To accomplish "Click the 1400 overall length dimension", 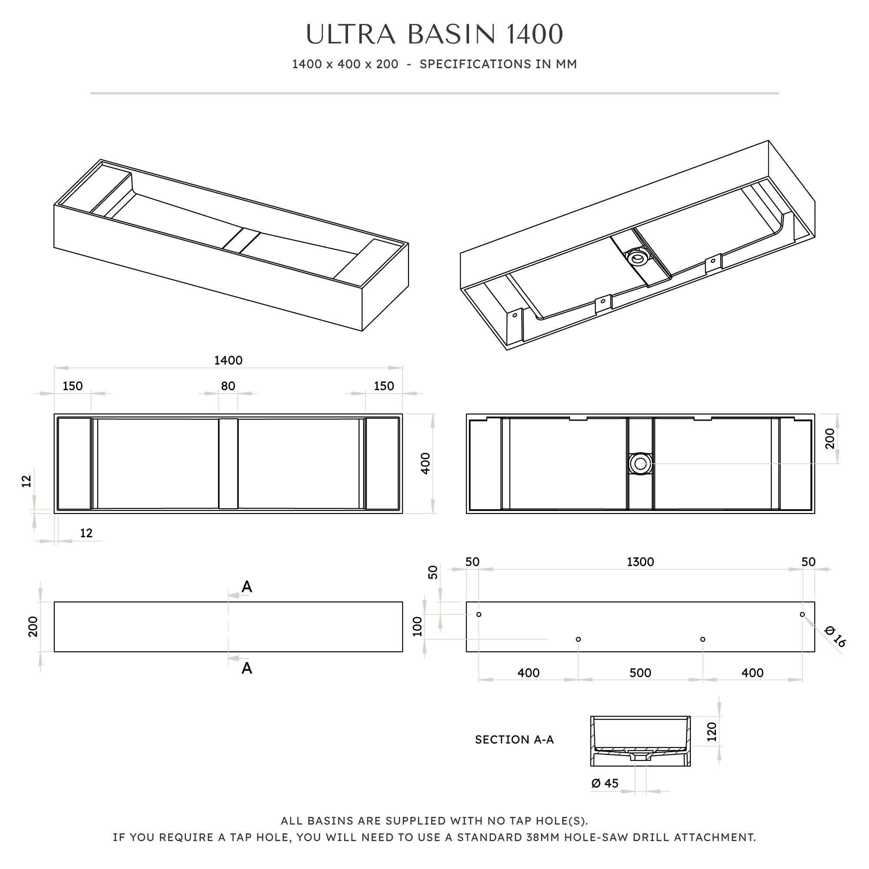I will (228, 360).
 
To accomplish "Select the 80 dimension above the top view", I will (228, 386).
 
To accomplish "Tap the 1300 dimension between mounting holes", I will (640, 562).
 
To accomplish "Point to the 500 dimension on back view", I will (640, 673).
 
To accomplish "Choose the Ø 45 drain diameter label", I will (605, 783).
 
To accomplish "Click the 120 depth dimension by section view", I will (712, 732).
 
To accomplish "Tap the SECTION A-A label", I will (514, 740).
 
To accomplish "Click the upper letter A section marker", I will (246, 587).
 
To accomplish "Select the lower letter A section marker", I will (246, 668).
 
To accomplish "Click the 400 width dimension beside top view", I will (425, 463).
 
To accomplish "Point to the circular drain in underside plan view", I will (640, 463).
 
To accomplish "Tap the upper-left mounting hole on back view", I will (479, 614).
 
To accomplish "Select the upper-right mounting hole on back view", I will (802, 614).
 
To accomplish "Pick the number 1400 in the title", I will (534, 35).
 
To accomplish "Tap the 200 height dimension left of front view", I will (33, 627).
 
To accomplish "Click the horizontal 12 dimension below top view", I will (86, 533).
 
